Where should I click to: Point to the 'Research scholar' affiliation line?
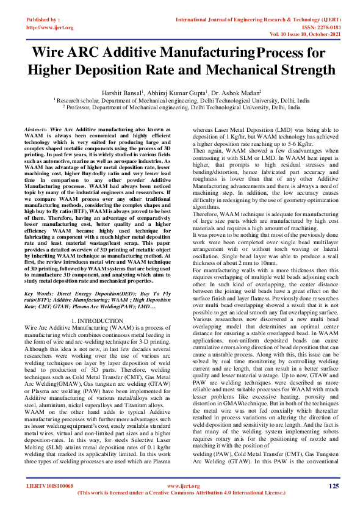(181, 100)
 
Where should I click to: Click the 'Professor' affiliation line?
(181, 106)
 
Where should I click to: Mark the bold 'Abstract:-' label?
(35, 131)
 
